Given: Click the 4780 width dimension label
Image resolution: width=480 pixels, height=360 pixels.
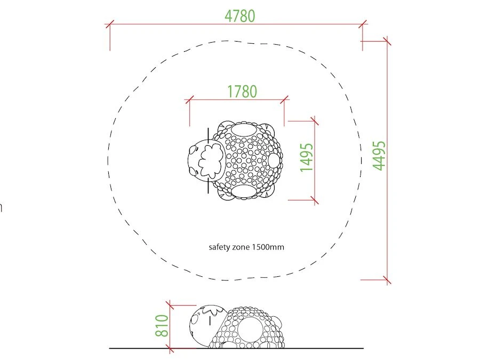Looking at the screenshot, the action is pos(239,16).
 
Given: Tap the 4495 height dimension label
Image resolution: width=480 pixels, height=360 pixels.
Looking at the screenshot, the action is pos(379,156).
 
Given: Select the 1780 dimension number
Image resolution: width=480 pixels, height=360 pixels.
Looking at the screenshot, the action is pos(242,92).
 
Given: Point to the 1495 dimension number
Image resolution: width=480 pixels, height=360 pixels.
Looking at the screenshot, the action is pos(307,157).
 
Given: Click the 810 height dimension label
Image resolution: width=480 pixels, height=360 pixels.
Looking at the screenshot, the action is pos(162,326).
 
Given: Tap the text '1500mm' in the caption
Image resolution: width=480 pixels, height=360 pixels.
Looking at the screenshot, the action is pos(268,247).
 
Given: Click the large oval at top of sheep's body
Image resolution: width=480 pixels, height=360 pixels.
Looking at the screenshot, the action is pos(244,129).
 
